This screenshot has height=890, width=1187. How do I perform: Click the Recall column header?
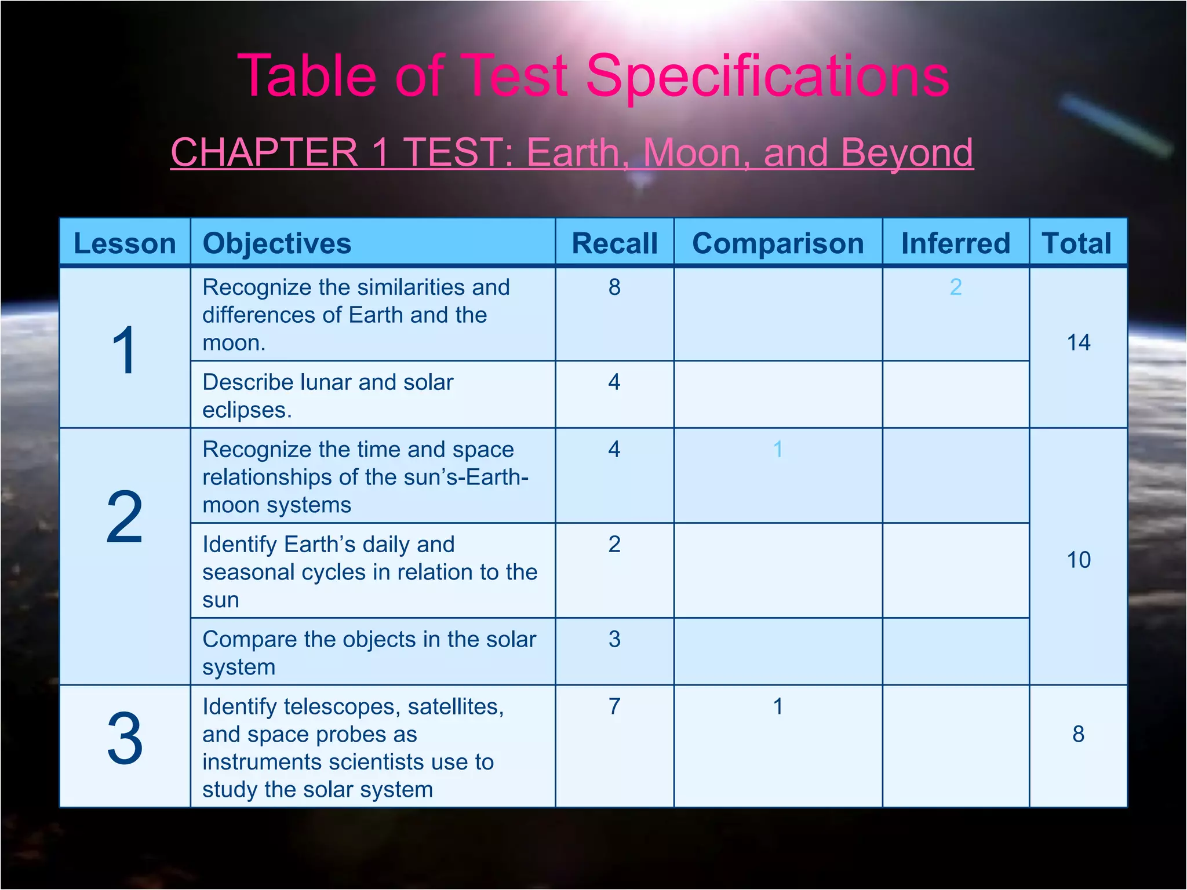click(614, 243)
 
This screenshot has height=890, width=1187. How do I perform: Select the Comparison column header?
click(778, 243)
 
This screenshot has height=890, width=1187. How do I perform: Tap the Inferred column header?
click(956, 243)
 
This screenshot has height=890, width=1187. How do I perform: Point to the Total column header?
click(1077, 243)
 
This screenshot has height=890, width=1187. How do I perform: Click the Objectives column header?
click(277, 243)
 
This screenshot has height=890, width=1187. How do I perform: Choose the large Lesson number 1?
click(125, 350)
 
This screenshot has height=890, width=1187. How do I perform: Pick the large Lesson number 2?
click(125, 517)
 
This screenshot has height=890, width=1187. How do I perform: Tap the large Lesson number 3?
click(125, 739)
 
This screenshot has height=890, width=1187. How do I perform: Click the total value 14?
click(1078, 342)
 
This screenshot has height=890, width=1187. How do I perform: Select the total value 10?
click(1078, 560)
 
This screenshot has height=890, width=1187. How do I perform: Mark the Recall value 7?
click(614, 706)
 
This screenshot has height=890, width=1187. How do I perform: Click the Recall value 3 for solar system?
click(614, 639)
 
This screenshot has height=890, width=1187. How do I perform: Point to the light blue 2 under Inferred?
click(956, 287)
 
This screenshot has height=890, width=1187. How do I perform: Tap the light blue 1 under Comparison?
click(778, 449)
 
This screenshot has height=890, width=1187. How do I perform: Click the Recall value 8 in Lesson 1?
click(614, 287)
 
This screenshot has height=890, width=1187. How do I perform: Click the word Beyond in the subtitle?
click(906, 153)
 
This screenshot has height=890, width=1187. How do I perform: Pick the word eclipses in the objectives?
click(246, 410)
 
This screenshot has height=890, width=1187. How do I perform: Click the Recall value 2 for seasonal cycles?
click(614, 544)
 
